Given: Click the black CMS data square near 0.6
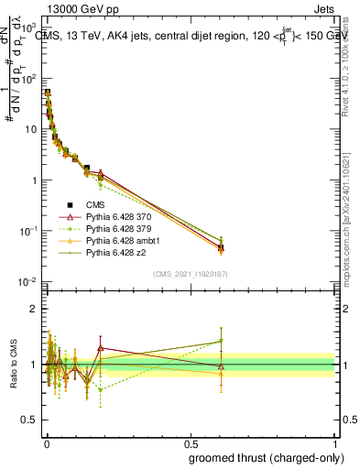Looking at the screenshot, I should click(221, 247).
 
